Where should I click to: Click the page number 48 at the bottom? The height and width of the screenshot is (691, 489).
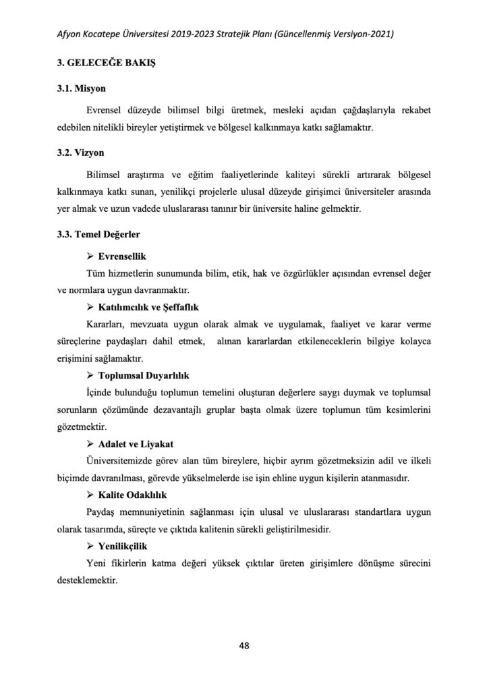pos(244,645)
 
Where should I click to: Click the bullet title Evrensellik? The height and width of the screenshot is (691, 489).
pos(122,257)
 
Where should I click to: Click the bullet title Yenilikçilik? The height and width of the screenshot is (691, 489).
pos(122,545)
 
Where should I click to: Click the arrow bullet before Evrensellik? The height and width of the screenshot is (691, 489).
pos(90,257)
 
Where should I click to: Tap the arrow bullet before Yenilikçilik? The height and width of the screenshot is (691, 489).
pos(90,545)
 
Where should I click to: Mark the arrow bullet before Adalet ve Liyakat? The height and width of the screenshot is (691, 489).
pos(90,443)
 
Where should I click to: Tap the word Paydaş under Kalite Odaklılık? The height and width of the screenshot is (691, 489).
pos(103,512)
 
